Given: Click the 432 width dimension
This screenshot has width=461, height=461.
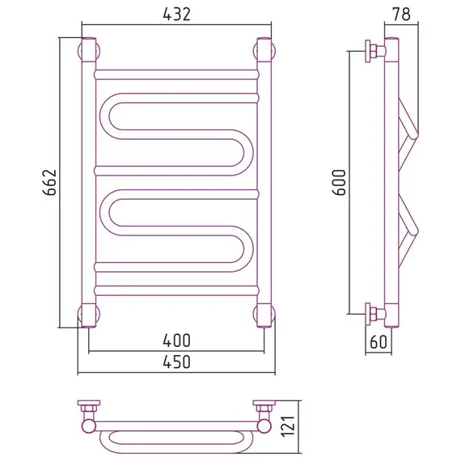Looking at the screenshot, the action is pos(176,14).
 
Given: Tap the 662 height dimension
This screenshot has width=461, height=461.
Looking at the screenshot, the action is pos(49,182).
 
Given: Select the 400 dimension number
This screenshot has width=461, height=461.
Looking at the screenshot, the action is pos(176,340).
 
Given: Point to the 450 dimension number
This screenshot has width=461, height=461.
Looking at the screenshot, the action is pos(176,362).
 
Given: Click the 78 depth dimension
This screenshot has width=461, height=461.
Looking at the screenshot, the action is pos(401,14).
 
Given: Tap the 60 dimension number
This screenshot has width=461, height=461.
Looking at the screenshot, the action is pos(379,341).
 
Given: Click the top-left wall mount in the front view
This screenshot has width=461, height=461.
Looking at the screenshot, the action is pos(88,51).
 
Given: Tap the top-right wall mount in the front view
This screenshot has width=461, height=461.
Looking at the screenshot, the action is pos(264,51).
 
